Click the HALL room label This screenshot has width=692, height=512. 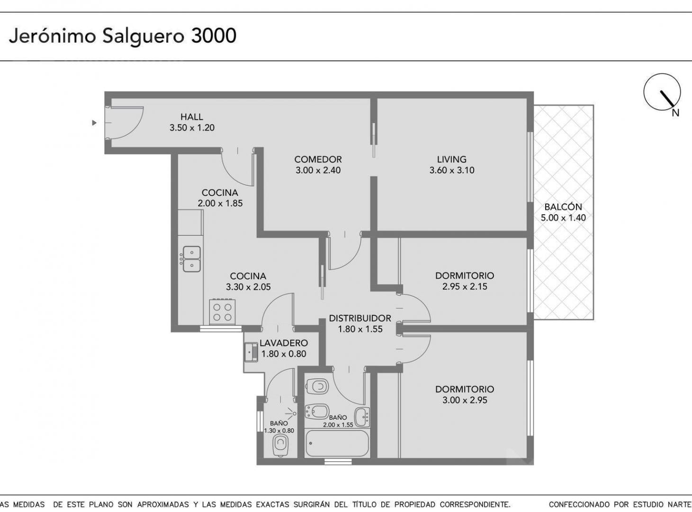click(x=191, y=117)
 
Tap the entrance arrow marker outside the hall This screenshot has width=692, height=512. click(x=94, y=123)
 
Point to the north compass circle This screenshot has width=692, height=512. click(x=662, y=92)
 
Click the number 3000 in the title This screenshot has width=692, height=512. click(x=214, y=36)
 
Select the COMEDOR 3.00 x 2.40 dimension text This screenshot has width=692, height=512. click(x=318, y=170)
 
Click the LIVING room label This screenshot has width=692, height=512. click(x=451, y=159)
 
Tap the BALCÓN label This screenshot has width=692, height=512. click(x=563, y=207)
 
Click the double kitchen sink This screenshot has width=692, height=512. click(x=191, y=259)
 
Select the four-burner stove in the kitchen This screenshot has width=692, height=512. click(x=223, y=312)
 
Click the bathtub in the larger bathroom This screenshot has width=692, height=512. click(x=337, y=443)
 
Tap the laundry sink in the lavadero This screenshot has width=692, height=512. click(x=251, y=352)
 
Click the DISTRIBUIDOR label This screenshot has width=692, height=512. click(x=360, y=318)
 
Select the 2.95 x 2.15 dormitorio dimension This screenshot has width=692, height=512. click(x=465, y=286)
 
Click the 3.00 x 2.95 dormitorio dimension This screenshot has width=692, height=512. click(x=465, y=400)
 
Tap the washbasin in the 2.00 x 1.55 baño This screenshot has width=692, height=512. click(x=362, y=417)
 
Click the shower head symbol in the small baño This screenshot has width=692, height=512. click(x=292, y=413)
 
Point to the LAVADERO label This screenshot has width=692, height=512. click(x=284, y=343)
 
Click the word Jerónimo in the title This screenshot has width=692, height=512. click(x=53, y=36)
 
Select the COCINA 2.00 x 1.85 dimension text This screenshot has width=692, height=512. click(x=220, y=203)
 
